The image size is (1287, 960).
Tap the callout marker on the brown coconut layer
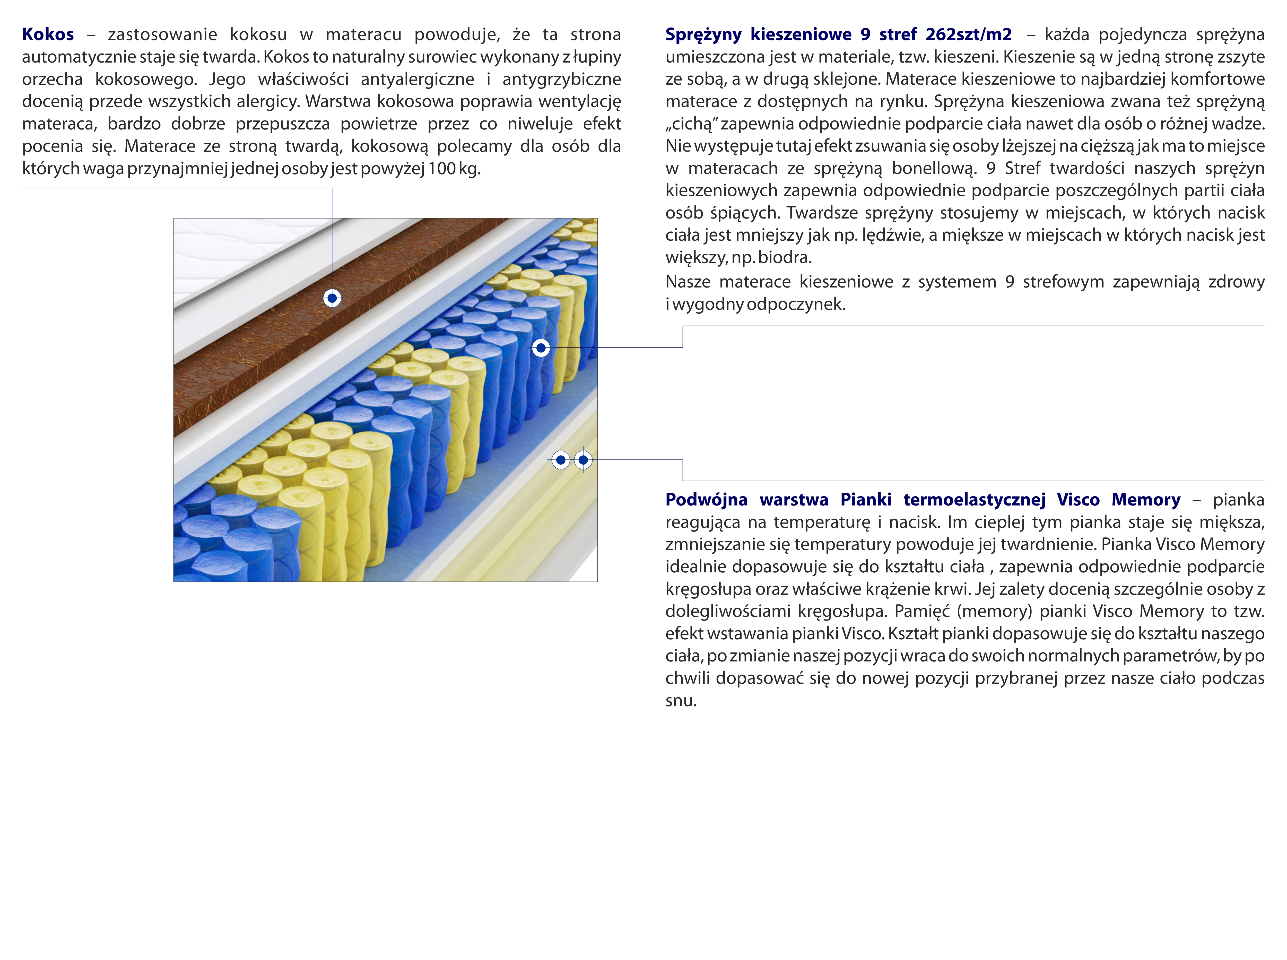(x=332, y=298)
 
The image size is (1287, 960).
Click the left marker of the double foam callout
(x=561, y=460)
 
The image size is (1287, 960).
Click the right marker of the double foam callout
(x=583, y=460)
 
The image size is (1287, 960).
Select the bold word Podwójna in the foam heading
(x=706, y=500)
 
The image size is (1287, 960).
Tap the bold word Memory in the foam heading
(x=1146, y=500)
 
